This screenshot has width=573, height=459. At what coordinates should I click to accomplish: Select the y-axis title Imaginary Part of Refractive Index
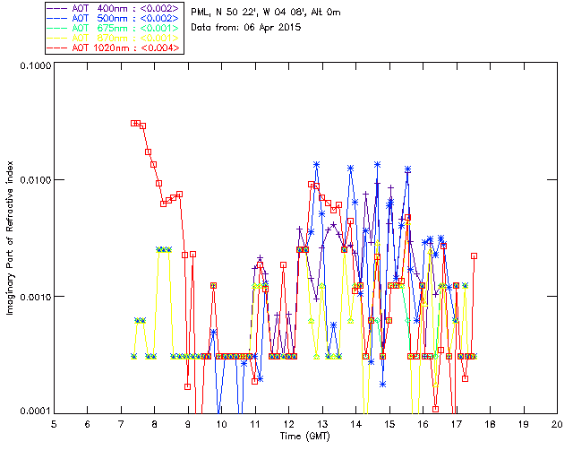click(x=11, y=238)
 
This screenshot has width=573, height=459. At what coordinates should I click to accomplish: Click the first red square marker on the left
click(x=133, y=123)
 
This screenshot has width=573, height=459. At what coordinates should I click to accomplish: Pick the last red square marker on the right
click(x=474, y=255)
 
